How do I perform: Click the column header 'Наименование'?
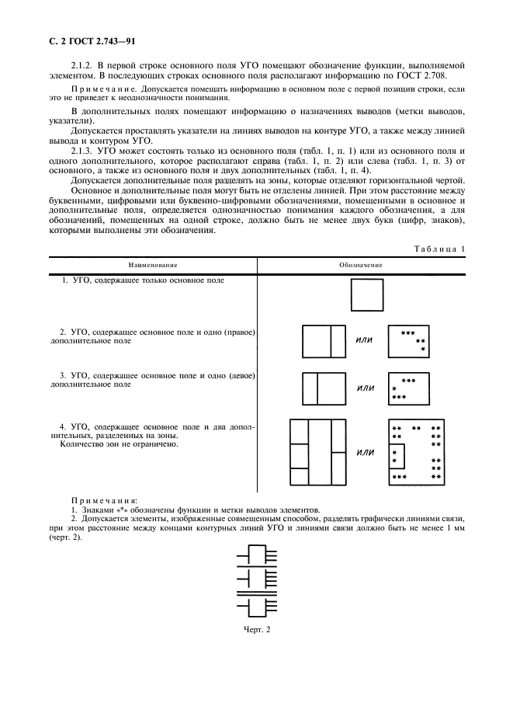(152, 265)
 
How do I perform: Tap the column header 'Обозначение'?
(361, 265)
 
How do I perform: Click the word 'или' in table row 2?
(363, 340)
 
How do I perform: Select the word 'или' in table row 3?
(363, 388)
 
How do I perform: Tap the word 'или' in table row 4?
(363, 453)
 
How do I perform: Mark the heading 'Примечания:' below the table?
(104, 501)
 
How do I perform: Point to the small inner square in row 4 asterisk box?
(396, 457)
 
